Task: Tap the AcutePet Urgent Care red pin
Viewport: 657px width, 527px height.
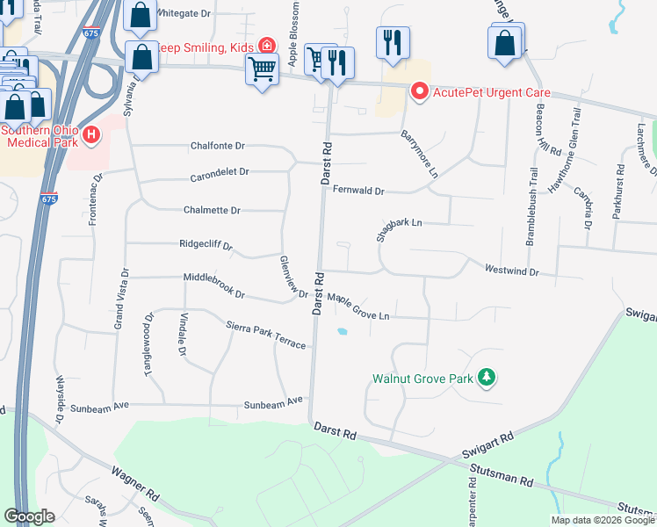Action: (x=419, y=91)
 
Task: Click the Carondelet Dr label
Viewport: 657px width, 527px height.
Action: (x=220, y=175)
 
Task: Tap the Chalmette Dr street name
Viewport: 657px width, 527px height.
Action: (x=212, y=211)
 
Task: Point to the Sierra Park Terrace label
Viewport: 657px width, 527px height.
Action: (x=266, y=335)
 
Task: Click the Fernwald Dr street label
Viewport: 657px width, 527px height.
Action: (x=358, y=190)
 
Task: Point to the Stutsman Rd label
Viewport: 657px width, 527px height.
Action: (x=502, y=476)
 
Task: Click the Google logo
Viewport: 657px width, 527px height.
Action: (x=29, y=516)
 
